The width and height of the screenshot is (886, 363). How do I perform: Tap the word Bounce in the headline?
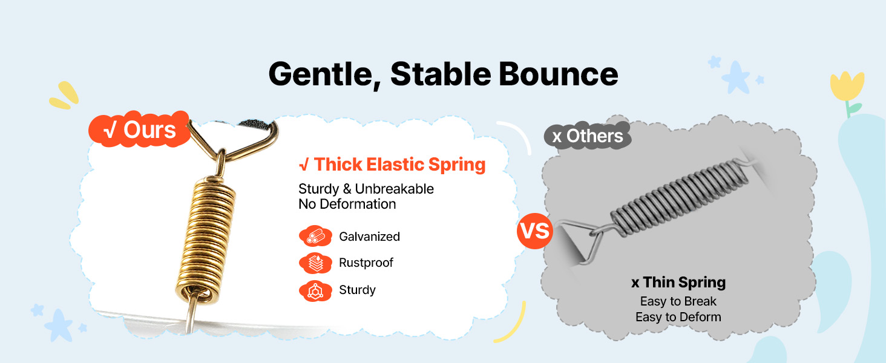click(x=558, y=74)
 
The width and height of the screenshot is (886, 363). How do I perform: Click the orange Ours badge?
click(x=139, y=129)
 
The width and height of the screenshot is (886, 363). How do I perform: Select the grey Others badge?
click(x=588, y=136)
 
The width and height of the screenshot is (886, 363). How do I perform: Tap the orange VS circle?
click(x=535, y=231)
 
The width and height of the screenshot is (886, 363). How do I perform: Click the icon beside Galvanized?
click(x=315, y=237)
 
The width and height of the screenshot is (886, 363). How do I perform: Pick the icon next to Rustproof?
click(x=315, y=263)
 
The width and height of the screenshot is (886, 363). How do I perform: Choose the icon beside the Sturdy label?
click(x=315, y=291)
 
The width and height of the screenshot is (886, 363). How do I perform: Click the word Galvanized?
click(x=369, y=237)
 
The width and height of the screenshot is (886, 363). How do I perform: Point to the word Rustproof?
click(x=366, y=263)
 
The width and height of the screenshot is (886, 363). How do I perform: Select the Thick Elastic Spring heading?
click(x=392, y=165)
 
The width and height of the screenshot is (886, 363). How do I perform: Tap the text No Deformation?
click(x=347, y=204)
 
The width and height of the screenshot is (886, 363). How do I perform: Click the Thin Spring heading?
click(x=678, y=283)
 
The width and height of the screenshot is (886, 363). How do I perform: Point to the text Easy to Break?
click(x=678, y=301)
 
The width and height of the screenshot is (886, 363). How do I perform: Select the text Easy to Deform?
click(x=678, y=317)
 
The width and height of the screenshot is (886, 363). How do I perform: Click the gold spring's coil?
click(x=205, y=241)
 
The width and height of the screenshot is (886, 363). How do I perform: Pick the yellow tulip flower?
click(x=847, y=86)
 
